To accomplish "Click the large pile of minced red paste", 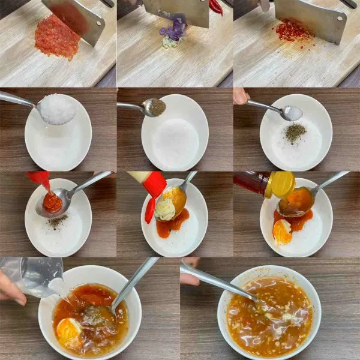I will pyautogui.click(x=57, y=37).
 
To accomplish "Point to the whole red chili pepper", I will pyautogui.click(x=217, y=7).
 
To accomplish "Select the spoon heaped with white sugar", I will pyautogui.click(x=57, y=110).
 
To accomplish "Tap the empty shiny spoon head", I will pyautogui.click(x=292, y=113).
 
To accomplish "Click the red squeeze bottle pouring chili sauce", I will pyautogui.click(x=40, y=178).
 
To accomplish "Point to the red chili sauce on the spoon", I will pyautogui.click(x=52, y=202).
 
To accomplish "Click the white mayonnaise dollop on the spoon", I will pyautogui.click(x=165, y=210).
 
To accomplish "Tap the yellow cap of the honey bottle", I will pyautogui.click(x=283, y=184).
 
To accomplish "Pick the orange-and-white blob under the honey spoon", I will pyautogui.click(x=282, y=231).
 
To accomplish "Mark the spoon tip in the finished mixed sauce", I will pyautogui.click(x=255, y=298).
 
